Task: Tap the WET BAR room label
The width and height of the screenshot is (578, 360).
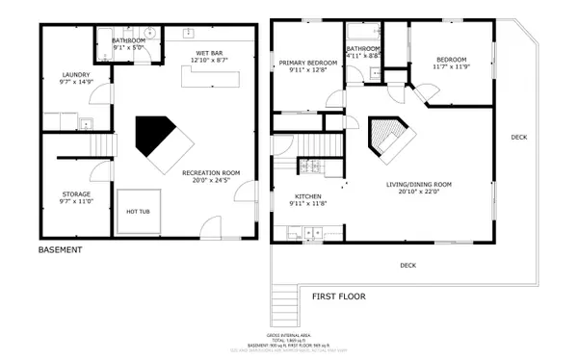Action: click(x=210, y=54)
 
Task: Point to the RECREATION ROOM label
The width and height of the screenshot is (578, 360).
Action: click(x=211, y=172)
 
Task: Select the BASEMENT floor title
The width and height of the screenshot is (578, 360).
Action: click(x=60, y=250)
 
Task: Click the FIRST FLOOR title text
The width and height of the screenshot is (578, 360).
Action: click(x=338, y=296)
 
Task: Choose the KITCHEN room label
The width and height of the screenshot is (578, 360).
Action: click(x=308, y=195)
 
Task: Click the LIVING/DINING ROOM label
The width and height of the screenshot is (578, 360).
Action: click(x=412, y=185)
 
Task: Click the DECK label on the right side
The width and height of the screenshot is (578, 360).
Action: click(x=518, y=137)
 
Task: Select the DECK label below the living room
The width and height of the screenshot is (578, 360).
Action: click(x=408, y=265)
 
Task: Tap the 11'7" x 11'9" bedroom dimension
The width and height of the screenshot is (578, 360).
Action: click(x=454, y=66)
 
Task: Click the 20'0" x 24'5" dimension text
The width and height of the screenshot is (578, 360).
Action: click(x=211, y=180)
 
